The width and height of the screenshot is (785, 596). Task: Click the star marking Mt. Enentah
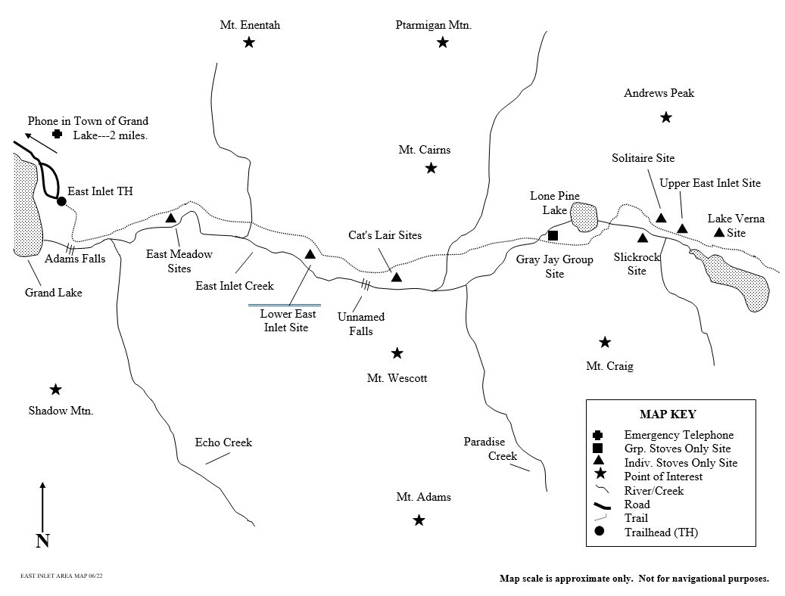click(249, 42)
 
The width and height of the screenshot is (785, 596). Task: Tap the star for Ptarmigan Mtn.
click(443, 42)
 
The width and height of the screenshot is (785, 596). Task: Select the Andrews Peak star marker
click(666, 117)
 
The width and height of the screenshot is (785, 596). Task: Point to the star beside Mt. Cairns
click(431, 168)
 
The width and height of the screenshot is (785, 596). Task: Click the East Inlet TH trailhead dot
click(61, 201)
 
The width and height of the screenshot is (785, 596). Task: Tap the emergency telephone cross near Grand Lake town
click(57, 134)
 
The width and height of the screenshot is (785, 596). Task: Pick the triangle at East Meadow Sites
click(171, 219)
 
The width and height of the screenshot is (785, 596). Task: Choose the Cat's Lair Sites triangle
click(396, 278)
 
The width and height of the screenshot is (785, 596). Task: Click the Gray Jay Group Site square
click(553, 236)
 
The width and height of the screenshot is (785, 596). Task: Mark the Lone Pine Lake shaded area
click(584, 217)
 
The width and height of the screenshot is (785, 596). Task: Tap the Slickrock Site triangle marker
click(643, 238)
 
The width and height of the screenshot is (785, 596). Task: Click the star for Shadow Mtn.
click(55, 390)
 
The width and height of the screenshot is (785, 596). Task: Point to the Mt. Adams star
click(419, 520)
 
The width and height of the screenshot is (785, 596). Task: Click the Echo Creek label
click(223, 442)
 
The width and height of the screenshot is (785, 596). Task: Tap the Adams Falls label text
click(75, 259)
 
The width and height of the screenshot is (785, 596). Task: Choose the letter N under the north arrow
click(42, 540)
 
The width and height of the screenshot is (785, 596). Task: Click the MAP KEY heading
click(668, 414)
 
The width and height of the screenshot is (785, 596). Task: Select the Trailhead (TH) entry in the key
click(661, 532)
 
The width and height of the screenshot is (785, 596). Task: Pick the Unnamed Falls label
click(361, 324)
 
